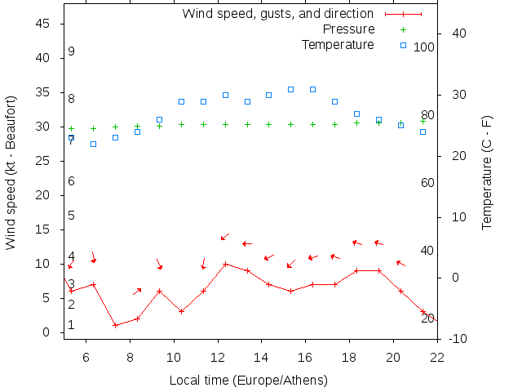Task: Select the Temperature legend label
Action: [x=338, y=44]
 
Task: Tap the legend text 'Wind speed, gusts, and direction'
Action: [x=277, y=14]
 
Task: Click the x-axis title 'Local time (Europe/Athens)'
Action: [x=248, y=381]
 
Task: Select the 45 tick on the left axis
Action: [x=44, y=24]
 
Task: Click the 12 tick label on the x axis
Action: [x=218, y=356]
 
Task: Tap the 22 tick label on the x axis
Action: [x=437, y=356]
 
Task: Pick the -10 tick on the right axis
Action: [x=458, y=339]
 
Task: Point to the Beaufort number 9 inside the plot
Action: [x=72, y=51]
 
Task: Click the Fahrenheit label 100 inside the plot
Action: [x=423, y=47]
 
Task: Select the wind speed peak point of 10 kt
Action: [x=225, y=264]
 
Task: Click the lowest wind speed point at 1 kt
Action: [x=116, y=325]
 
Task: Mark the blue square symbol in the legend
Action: [x=403, y=45]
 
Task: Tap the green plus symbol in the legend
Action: [x=403, y=29]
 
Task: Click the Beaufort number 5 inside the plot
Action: [x=72, y=216]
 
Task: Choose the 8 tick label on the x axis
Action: [x=130, y=356]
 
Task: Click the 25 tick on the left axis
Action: [x=44, y=162]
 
